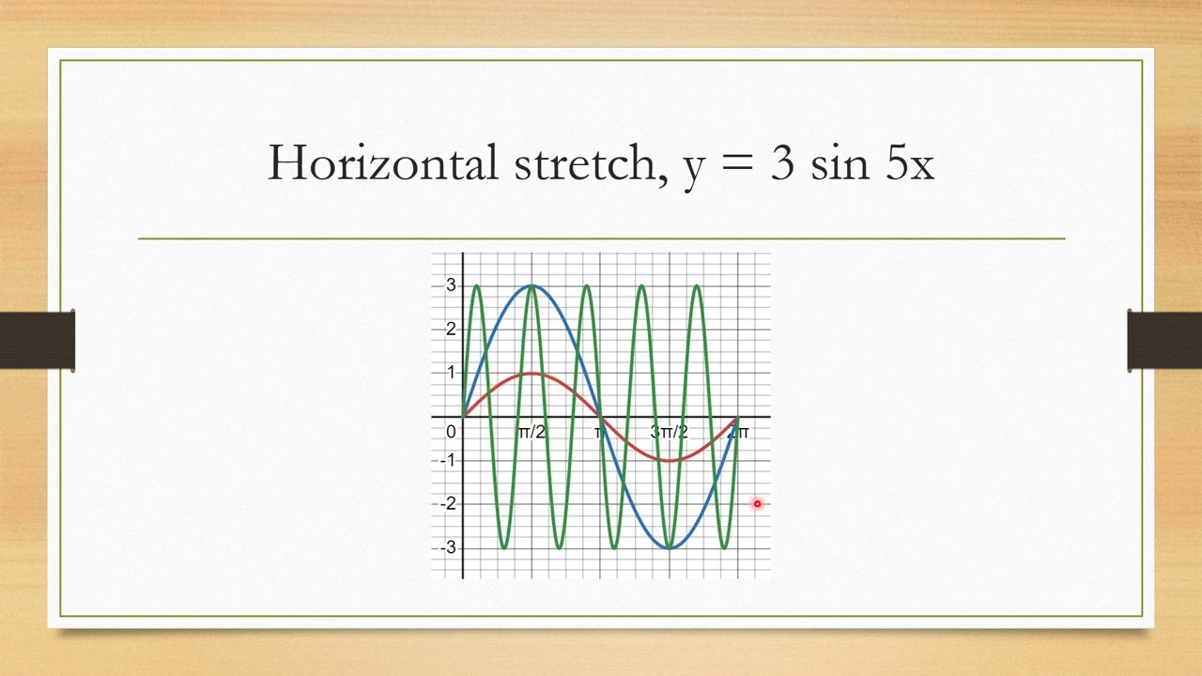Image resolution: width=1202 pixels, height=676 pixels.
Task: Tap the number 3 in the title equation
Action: (781, 164)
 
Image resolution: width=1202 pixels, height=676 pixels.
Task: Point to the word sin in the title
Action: (838, 164)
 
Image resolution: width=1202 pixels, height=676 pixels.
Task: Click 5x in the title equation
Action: (909, 164)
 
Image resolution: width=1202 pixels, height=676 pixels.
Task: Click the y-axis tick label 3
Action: (451, 285)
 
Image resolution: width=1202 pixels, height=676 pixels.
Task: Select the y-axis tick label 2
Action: (451, 329)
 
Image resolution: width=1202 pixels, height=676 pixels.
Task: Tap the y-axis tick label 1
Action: (451, 373)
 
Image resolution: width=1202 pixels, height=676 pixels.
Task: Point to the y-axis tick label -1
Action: (448, 460)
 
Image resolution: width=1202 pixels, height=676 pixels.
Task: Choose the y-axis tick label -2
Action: (448, 504)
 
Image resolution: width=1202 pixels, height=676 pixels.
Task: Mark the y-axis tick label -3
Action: (448, 547)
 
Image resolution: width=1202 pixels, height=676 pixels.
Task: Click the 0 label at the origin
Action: (451, 432)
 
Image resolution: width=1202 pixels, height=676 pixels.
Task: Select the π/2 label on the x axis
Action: (532, 432)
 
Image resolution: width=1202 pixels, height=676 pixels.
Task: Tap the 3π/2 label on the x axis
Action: (669, 432)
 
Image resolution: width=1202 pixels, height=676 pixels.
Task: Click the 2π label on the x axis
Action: (738, 432)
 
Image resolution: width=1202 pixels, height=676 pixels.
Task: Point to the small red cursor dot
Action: (757, 504)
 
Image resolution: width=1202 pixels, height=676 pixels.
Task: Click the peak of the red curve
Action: (532, 374)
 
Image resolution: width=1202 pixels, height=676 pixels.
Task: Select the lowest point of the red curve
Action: (669, 460)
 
